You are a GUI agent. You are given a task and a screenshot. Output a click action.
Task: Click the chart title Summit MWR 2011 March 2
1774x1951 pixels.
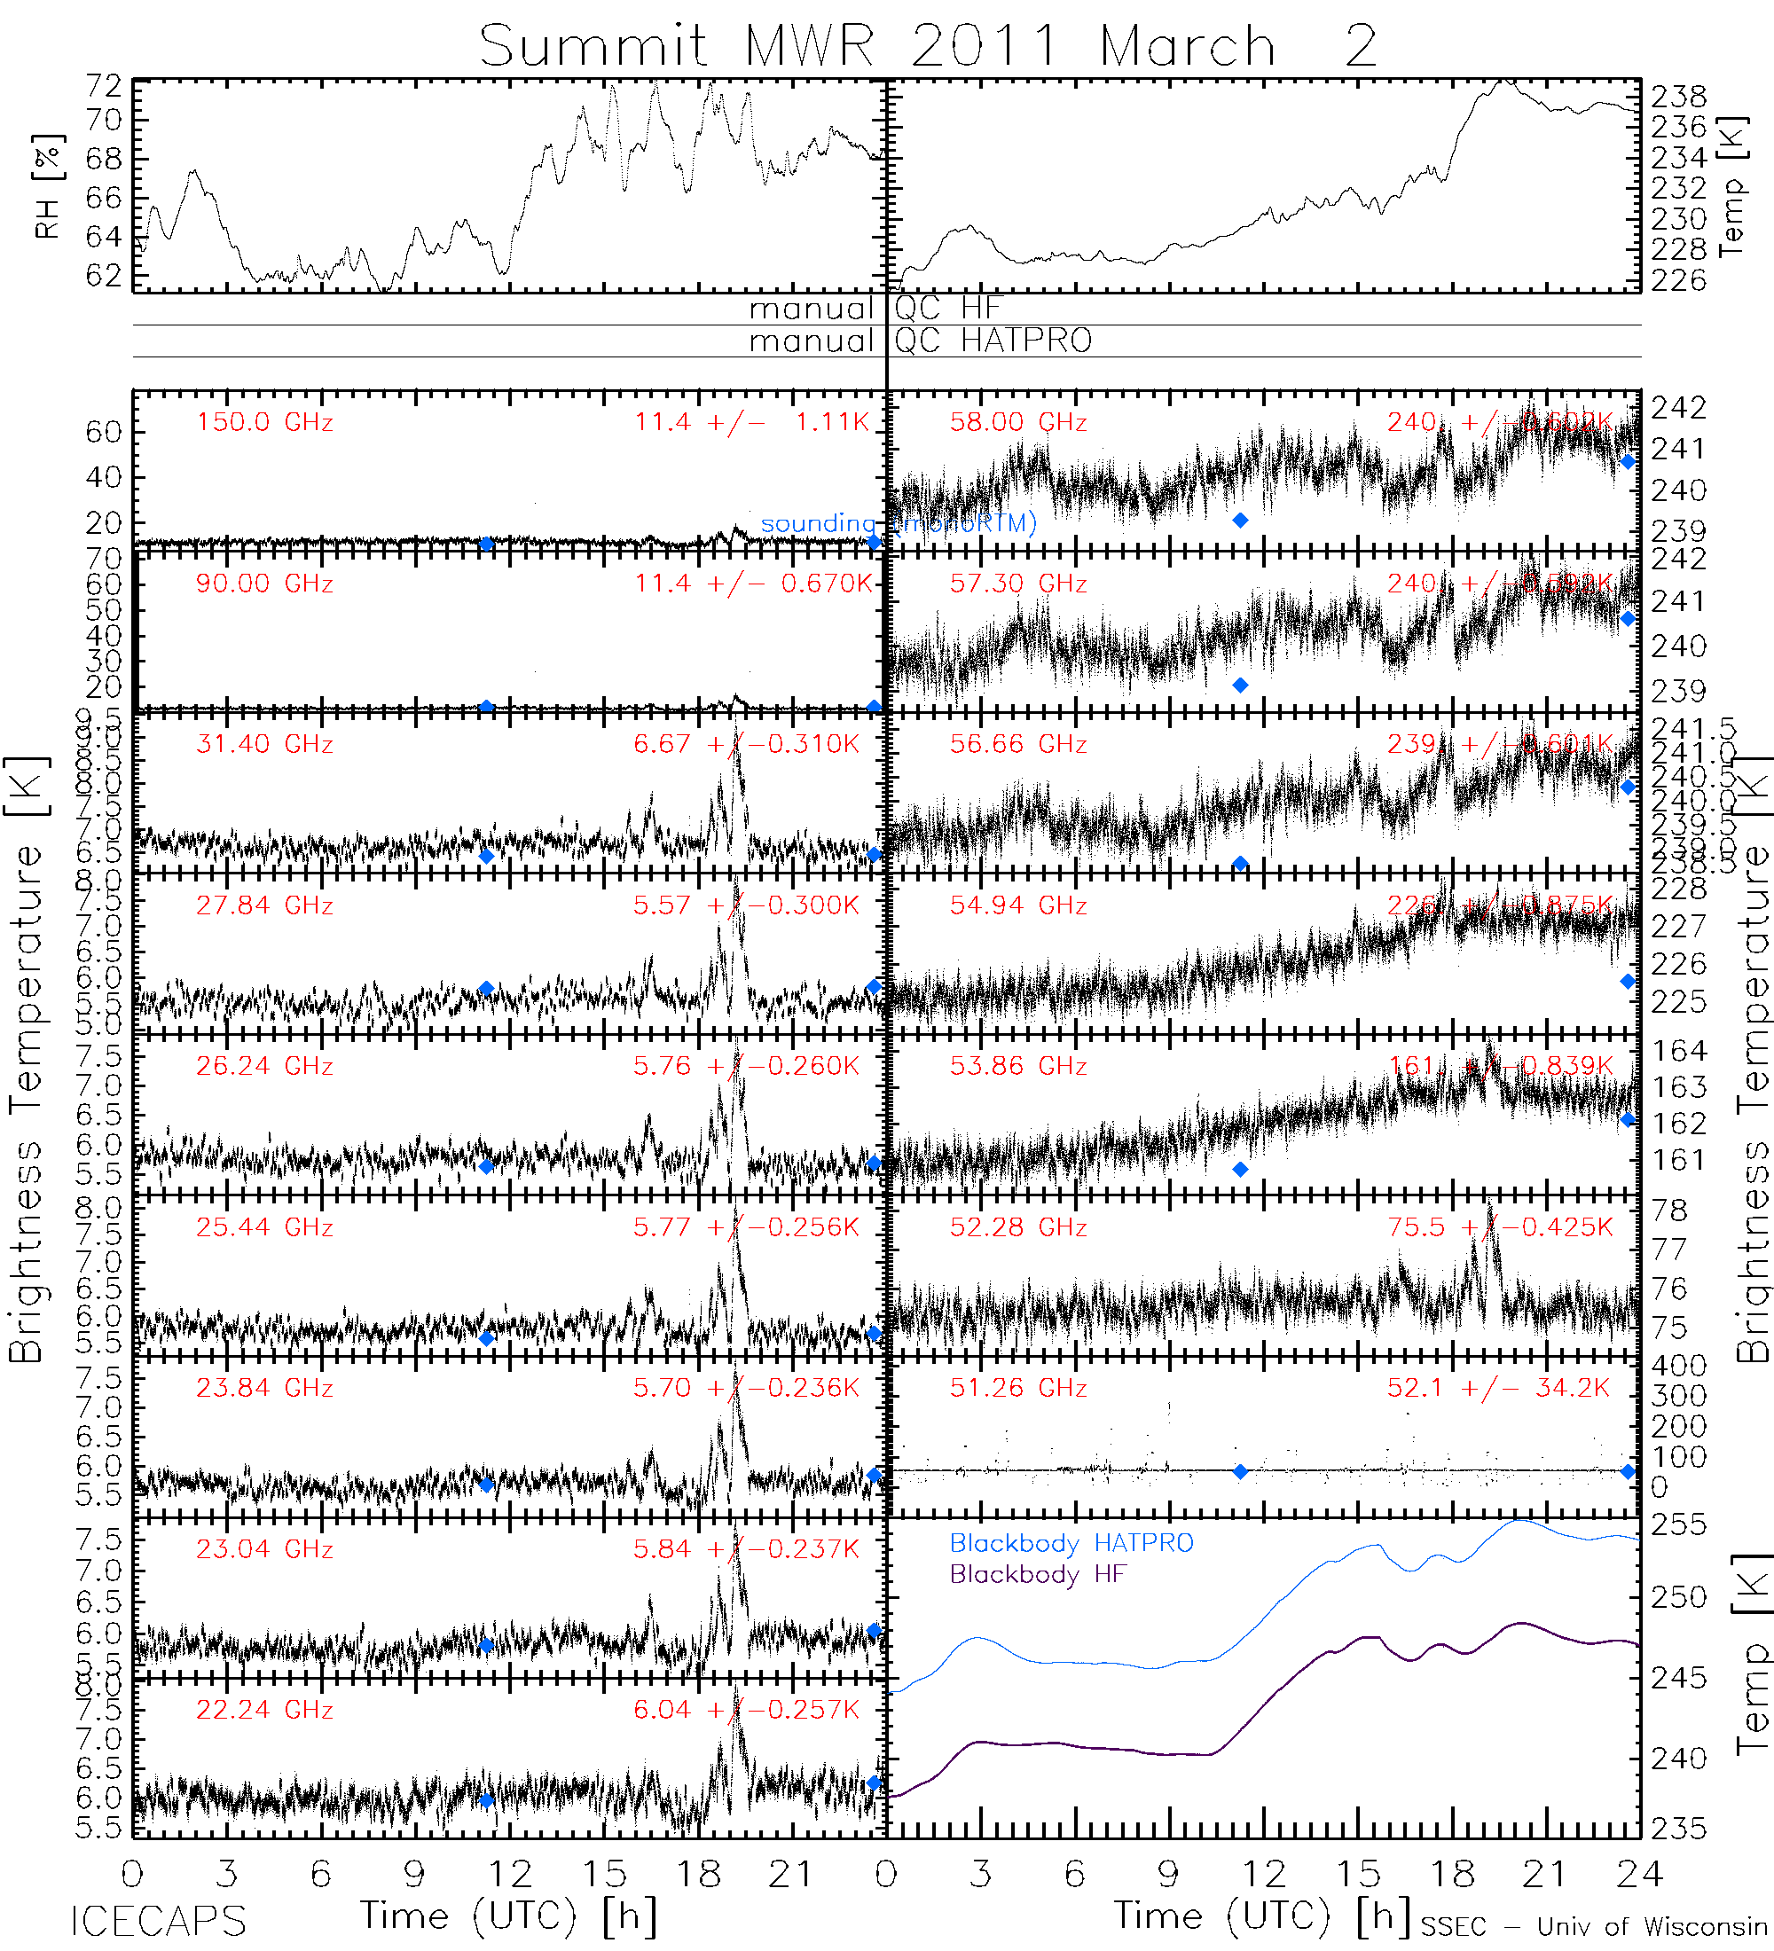927,45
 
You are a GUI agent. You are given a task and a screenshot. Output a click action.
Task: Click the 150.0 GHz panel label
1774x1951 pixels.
264,422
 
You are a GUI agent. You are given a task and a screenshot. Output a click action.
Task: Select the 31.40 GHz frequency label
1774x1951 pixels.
264,744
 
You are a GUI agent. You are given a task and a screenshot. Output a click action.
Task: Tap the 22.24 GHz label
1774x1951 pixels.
264,1710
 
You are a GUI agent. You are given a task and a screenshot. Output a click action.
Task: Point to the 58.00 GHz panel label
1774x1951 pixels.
1018,422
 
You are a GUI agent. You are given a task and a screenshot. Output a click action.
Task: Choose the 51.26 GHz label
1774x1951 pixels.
1018,1388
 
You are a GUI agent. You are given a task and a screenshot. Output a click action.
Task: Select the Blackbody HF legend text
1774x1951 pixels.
1039,1574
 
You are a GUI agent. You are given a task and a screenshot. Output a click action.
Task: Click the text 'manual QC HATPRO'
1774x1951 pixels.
920,341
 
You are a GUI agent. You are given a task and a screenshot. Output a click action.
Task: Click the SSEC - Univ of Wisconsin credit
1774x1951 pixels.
1594,1927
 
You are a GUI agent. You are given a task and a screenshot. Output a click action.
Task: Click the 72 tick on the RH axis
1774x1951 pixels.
105,86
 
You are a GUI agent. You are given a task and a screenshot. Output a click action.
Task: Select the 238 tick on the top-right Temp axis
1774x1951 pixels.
1678,96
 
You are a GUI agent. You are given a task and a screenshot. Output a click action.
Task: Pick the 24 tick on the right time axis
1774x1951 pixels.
1639,1875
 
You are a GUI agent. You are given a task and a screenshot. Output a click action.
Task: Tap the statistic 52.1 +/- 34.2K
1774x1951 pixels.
1498,1388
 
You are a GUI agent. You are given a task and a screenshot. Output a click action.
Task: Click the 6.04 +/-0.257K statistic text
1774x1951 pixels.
746,1710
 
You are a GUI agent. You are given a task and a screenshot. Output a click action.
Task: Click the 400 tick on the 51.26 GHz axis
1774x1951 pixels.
1678,1366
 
